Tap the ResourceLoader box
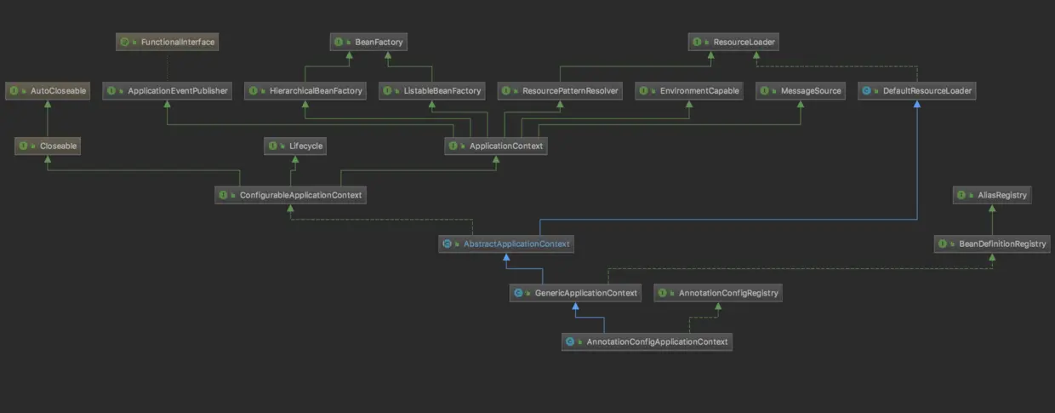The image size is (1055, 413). pos(733,41)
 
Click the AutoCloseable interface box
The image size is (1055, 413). pos(48,90)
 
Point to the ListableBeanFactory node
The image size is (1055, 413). pos(432,90)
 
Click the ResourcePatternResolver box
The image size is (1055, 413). pos(560,90)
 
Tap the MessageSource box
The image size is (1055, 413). pos(801,90)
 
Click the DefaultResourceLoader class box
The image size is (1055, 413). pos(916,90)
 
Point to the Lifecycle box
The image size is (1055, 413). pos(294,146)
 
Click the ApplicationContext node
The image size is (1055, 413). pos(495,146)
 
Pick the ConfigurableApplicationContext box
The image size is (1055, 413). pos(291,195)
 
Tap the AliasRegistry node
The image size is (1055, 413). pos(992,195)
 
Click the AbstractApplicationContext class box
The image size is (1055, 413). pos(506,244)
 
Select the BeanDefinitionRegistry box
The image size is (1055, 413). pos(992,244)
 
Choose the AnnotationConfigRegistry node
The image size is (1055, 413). pos(718,293)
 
